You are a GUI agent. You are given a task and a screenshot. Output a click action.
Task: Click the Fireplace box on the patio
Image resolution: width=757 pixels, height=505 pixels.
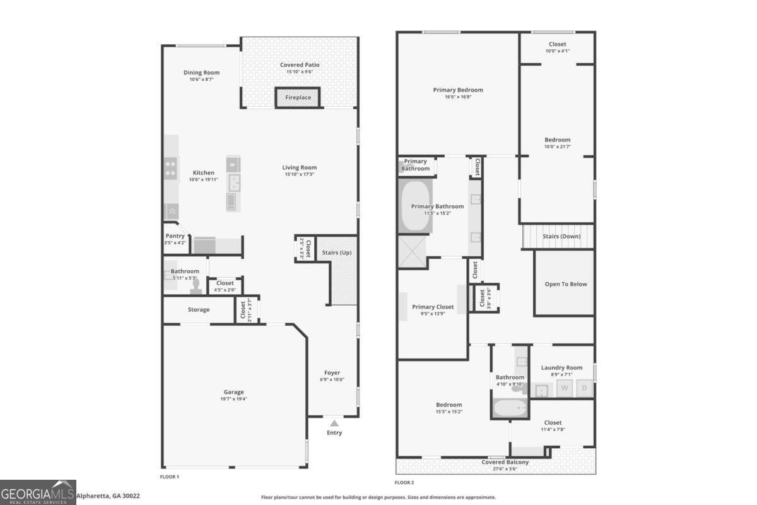[x=298, y=98]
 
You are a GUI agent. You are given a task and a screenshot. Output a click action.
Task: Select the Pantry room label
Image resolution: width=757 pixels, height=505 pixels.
[x=175, y=236]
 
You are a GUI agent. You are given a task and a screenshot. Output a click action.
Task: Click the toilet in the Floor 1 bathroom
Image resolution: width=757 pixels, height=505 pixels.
[x=196, y=287]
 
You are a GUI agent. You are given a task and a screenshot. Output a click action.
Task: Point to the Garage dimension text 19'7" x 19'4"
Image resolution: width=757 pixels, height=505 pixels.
[x=233, y=399]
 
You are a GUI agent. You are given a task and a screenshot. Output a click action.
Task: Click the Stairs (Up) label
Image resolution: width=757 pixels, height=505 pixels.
[x=336, y=252]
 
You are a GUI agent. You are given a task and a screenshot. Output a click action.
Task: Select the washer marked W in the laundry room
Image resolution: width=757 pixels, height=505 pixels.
[x=564, y=389]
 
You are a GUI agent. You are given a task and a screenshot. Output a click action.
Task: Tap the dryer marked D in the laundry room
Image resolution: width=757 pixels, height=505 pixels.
[x=585, y=389]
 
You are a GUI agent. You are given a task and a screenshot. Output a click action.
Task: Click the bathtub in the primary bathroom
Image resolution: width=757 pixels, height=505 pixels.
[x=415, y=206]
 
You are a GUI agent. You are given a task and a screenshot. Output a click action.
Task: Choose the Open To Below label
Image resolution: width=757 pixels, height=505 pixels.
[x=565, y=284]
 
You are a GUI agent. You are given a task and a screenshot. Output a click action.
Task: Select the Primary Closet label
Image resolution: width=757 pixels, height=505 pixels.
[x=433, y=307]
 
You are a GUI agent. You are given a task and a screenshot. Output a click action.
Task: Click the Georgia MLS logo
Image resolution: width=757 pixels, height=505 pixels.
[x=38, y=492]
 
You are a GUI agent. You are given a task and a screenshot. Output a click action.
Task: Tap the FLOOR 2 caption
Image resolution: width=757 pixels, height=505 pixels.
[x=404, y=482]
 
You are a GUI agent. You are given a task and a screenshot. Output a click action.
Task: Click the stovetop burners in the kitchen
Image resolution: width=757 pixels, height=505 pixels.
[x=171, y=169]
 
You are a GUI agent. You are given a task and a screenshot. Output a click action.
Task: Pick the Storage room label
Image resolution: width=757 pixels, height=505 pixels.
[x=198, y=309]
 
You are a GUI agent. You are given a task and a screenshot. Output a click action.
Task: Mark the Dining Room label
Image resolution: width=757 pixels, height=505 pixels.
[x=201, y=73]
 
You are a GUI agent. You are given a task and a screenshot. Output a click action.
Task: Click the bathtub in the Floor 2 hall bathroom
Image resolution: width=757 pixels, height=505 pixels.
[x=510, y=408]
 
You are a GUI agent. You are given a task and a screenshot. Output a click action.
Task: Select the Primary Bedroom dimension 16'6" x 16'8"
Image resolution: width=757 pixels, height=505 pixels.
[x=457, y=97]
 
